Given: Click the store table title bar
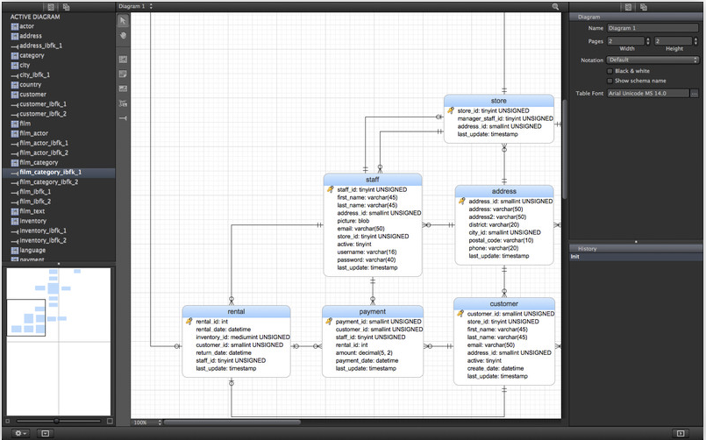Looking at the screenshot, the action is click(498, 101).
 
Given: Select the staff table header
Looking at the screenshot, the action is click(373, 180).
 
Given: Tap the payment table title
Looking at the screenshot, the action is click(373, 311).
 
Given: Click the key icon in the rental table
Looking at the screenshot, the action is click(189, 321).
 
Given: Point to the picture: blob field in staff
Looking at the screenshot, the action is click(353, 221).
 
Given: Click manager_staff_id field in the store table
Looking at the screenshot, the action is click(505, 118).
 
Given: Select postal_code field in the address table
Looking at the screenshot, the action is click(501, 240).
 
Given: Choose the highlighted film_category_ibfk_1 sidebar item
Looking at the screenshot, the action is click(51, 172).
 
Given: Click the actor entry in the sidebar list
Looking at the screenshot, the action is click(26, 26).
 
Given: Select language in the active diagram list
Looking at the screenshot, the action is click(32, 250).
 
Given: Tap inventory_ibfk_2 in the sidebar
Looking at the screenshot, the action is click(43, 240).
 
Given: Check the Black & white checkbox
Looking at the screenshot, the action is click(610, 71).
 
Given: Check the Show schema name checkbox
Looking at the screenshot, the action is click(610, 81).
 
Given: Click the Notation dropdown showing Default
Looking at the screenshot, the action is click(652, 60).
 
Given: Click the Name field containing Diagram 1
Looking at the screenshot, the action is click(652, 28).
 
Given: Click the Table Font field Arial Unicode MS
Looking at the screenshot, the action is click(648, 93).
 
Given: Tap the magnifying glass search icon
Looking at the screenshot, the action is click(555, 6).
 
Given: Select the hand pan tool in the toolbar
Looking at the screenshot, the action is click(123, 35).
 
